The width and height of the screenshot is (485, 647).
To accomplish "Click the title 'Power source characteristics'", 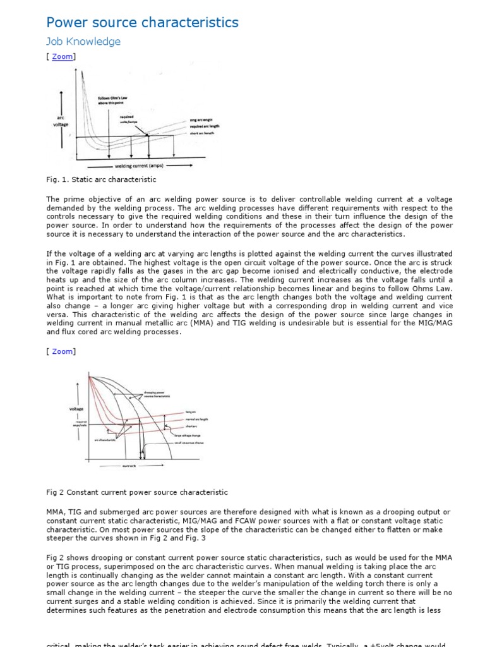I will click(x=143, y=23).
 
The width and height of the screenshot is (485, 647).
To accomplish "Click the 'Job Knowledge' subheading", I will click(x=83, y=42).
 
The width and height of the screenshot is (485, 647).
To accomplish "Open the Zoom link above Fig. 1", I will click(x=62, y=57).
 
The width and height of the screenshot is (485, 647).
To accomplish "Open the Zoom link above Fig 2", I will click(x=62, y=351).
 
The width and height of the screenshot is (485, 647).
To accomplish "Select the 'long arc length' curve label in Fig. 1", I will click(x=202, y=120).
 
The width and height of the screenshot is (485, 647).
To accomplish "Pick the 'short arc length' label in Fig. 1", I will click(x=202, y=133).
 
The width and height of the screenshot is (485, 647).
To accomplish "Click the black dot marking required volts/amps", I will click(x=148, y=135).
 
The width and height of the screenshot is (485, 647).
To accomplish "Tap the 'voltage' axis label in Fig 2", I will click(x=76, y=409).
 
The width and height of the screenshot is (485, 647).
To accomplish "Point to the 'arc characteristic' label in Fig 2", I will click(x=106, y=440).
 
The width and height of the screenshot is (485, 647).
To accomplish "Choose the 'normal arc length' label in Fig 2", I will click(x=197, y=419).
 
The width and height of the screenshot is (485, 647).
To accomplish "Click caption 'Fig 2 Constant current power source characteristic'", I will click(x=137, y=492).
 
